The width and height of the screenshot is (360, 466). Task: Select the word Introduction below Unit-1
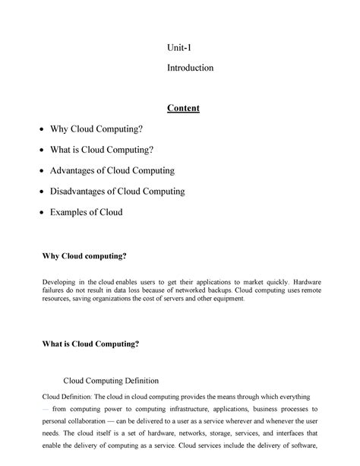click(x=190, y=68)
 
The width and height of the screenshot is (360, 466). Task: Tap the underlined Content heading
click(x=184, y=108)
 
